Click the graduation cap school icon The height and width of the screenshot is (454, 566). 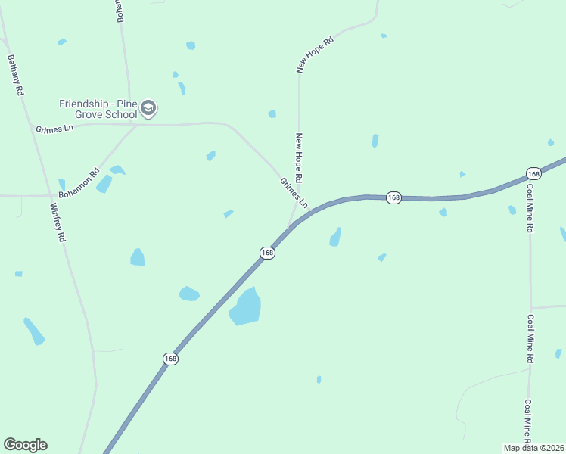point(148,109)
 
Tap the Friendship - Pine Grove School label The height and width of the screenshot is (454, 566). point(98,109)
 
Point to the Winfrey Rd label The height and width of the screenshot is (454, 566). point(58,222)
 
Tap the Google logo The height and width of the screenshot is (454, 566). point(25,445)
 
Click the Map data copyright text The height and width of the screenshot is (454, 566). point(534,448)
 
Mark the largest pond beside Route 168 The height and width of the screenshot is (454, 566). point(246,307)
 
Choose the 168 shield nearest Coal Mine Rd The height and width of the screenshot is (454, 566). point(533,173)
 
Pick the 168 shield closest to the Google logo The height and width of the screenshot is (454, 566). point(171,359)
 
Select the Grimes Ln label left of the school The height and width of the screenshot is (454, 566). point(54,129)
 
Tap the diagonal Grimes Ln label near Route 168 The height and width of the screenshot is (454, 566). point(294,193)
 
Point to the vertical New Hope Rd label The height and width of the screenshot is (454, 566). point(300,158)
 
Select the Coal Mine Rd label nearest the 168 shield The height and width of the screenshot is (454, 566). point(530,207)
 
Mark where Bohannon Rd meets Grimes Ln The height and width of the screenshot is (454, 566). point(137,125)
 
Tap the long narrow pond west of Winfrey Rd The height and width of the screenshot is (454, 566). point(34,331)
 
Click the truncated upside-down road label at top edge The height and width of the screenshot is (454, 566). point(120,12)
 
